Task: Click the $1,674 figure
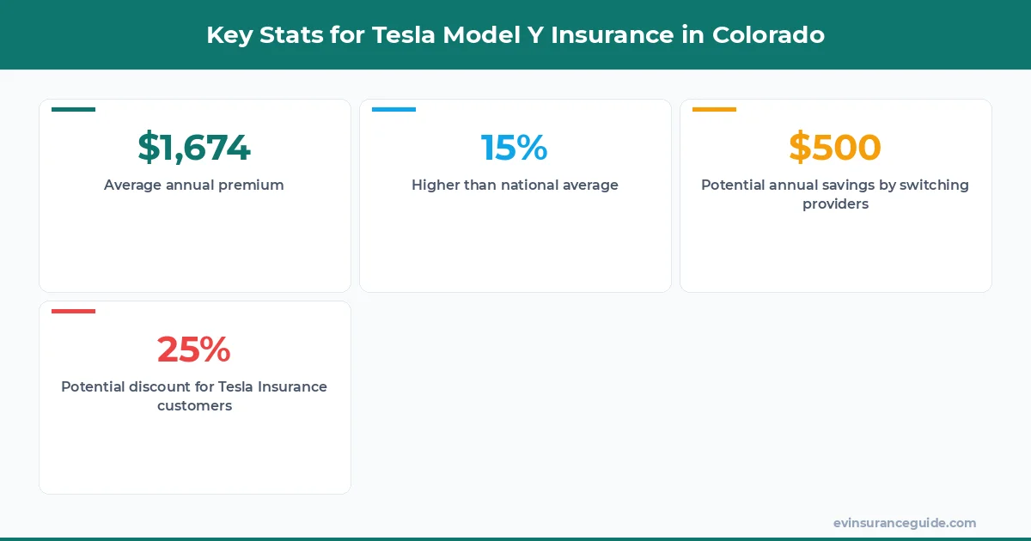tap(194, 148)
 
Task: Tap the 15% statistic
tap(514, 148)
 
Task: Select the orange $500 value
tap(835, 148)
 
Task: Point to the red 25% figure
tap(194, 350)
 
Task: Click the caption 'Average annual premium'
tap(194, 185)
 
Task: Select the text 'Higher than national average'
tap(515, 185)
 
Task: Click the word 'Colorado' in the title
tap(768, 35)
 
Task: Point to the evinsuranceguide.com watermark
tap(905, 523)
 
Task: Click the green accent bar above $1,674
tap(73, 110)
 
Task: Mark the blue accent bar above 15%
tap(393, 110)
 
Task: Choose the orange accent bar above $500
tap(714, 110)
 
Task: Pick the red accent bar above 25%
tap(73, 311)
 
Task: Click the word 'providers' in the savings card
tap(835, 204)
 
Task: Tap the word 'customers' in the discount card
tap(194, 405)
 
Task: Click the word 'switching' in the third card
tap(935, 185)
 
